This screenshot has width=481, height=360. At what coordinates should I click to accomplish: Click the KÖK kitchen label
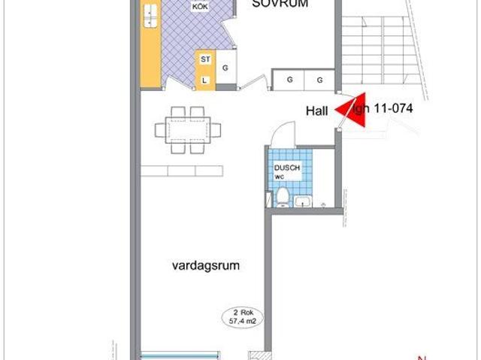pyautogui.click(x=199, y=7)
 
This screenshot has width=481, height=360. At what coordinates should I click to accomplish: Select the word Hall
pyautogui.click(x=316, y=110)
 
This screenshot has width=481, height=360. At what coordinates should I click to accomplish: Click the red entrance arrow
pyautogui.click(x=349, y=111)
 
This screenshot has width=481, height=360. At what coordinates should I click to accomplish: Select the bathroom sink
pyautogui.click(x=304, y=201)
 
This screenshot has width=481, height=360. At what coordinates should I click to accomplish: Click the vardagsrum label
pyautogui.click(x=199, y=265)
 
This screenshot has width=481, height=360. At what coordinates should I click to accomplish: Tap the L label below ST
pyautogui.click(x=204, y=79)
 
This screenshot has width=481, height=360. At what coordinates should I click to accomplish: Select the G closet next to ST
pyautogui.click(x=225, y=68)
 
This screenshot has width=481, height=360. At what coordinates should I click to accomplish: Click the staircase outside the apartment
pyautogui.click(x=376, y=45)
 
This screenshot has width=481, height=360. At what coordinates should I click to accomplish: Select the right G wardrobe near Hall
pyautogui.click(x=319, y=79)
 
